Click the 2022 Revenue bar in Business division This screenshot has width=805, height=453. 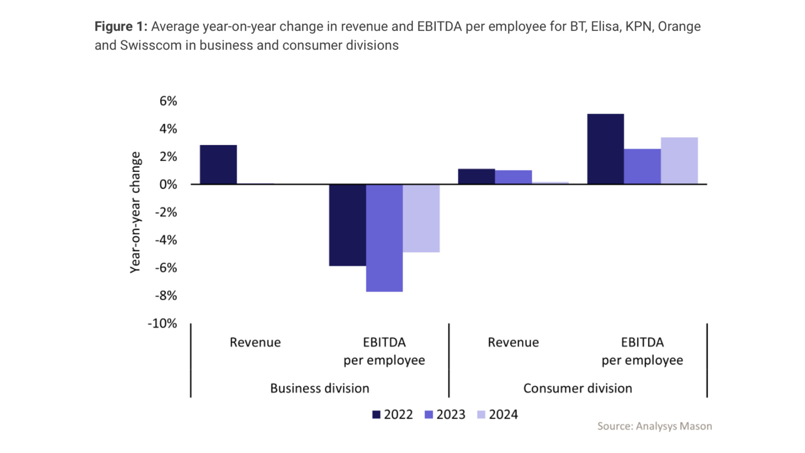click(218, 164)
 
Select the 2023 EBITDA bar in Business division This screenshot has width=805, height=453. click(384, 238)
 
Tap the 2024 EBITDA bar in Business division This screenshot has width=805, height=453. click(421, 218)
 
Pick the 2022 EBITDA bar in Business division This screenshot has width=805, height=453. click(347, 225)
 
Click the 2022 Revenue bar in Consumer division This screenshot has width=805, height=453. click(476, 177)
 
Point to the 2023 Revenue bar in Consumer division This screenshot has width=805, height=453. click(513, 177)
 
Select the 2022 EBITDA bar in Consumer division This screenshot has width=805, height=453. click(605, 149)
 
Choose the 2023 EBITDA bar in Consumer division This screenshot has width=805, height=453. click(642, 167)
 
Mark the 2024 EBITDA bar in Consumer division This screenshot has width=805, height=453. click(679, 161)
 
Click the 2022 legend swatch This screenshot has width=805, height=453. click(376, 415)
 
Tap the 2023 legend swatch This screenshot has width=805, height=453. click(428, 415)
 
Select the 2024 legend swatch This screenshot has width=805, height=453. click(481, 415)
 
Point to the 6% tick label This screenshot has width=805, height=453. click(168, 101)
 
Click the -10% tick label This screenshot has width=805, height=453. click(162, 323)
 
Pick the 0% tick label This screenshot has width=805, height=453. click(168, 185)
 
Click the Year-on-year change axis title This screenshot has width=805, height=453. click(135, 212)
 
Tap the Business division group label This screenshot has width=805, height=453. click(319, 388)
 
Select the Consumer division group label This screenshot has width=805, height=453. click(577, 388)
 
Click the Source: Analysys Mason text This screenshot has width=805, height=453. click(654, 426)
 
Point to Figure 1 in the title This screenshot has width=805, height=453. click(120, 26)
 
